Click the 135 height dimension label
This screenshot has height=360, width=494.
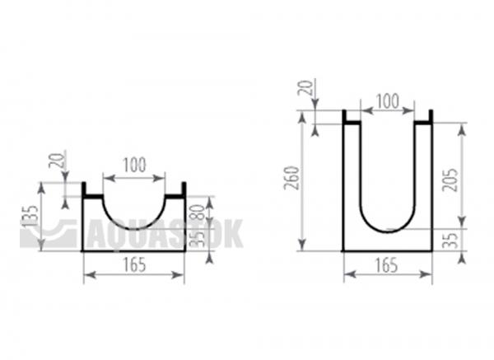point(31,217)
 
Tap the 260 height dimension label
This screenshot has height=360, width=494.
point(291,178)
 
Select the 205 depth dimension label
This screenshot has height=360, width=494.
point(450,180)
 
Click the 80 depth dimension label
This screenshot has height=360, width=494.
point(198,213)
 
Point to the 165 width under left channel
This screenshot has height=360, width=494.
point(134,264)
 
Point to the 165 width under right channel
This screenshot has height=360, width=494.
point(387,265)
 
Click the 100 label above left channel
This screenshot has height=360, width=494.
point(134,166)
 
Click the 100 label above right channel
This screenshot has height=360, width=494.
point(388,101)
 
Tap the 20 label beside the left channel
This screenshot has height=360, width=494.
point(56,160)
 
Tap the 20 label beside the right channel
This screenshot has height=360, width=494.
point(306,88)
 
